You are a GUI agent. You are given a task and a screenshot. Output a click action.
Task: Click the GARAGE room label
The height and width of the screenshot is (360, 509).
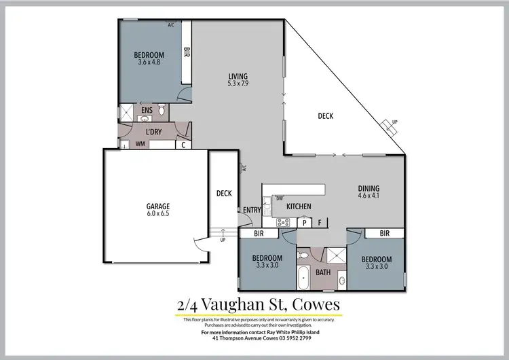159,206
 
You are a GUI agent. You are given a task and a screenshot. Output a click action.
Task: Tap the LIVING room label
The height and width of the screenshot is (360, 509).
238,76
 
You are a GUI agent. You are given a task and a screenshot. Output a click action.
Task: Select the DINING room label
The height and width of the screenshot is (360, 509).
369,189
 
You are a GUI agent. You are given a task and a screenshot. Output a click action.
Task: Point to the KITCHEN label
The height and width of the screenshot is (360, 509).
299,206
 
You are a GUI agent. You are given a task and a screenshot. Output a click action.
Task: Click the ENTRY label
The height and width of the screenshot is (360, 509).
252,210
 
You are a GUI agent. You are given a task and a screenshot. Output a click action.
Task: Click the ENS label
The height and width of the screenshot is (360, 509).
147,110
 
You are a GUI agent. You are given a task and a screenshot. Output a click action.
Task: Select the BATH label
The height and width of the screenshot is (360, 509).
323,273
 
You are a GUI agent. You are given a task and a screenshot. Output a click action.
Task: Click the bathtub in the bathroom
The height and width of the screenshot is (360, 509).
303,278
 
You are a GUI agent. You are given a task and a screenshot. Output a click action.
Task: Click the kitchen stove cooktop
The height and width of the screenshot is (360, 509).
283,221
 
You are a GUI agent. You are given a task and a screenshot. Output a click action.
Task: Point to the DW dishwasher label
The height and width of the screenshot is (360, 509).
280,198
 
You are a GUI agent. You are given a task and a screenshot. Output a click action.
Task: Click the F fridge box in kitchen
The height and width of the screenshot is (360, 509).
320,221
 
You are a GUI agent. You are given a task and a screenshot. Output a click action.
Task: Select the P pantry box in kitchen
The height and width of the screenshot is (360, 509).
304,221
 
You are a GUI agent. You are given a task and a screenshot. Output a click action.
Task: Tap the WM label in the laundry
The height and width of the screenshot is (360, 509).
140,144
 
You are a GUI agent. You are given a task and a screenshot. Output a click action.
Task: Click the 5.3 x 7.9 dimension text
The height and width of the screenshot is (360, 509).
238,84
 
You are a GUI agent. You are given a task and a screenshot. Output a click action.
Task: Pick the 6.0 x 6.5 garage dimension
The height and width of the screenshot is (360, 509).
159,214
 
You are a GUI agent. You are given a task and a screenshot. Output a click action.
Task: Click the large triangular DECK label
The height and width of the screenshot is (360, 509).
326,116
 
